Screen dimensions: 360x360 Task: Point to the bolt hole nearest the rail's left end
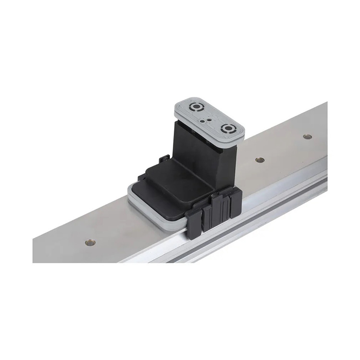pos(90,242)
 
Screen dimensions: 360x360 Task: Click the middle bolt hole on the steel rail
pos(260,159)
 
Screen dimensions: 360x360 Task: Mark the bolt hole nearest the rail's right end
pos(307,136)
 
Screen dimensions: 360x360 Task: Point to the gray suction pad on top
pos(209,117)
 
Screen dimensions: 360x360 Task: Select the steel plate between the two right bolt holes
pos(283,148)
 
